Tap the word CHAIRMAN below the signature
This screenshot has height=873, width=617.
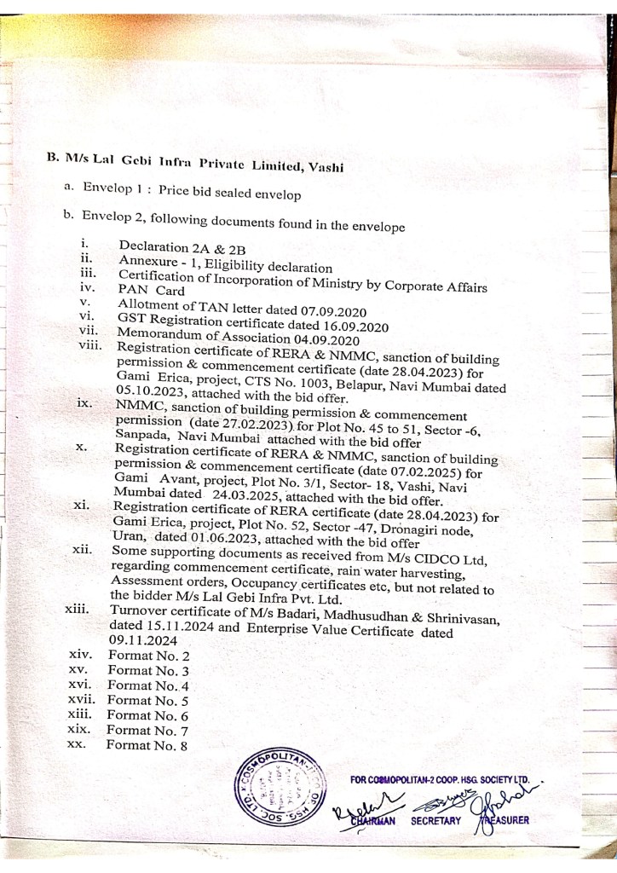[373, 821]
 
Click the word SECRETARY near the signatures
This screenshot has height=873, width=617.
[435, 821]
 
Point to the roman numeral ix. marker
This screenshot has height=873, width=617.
[84, 403]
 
